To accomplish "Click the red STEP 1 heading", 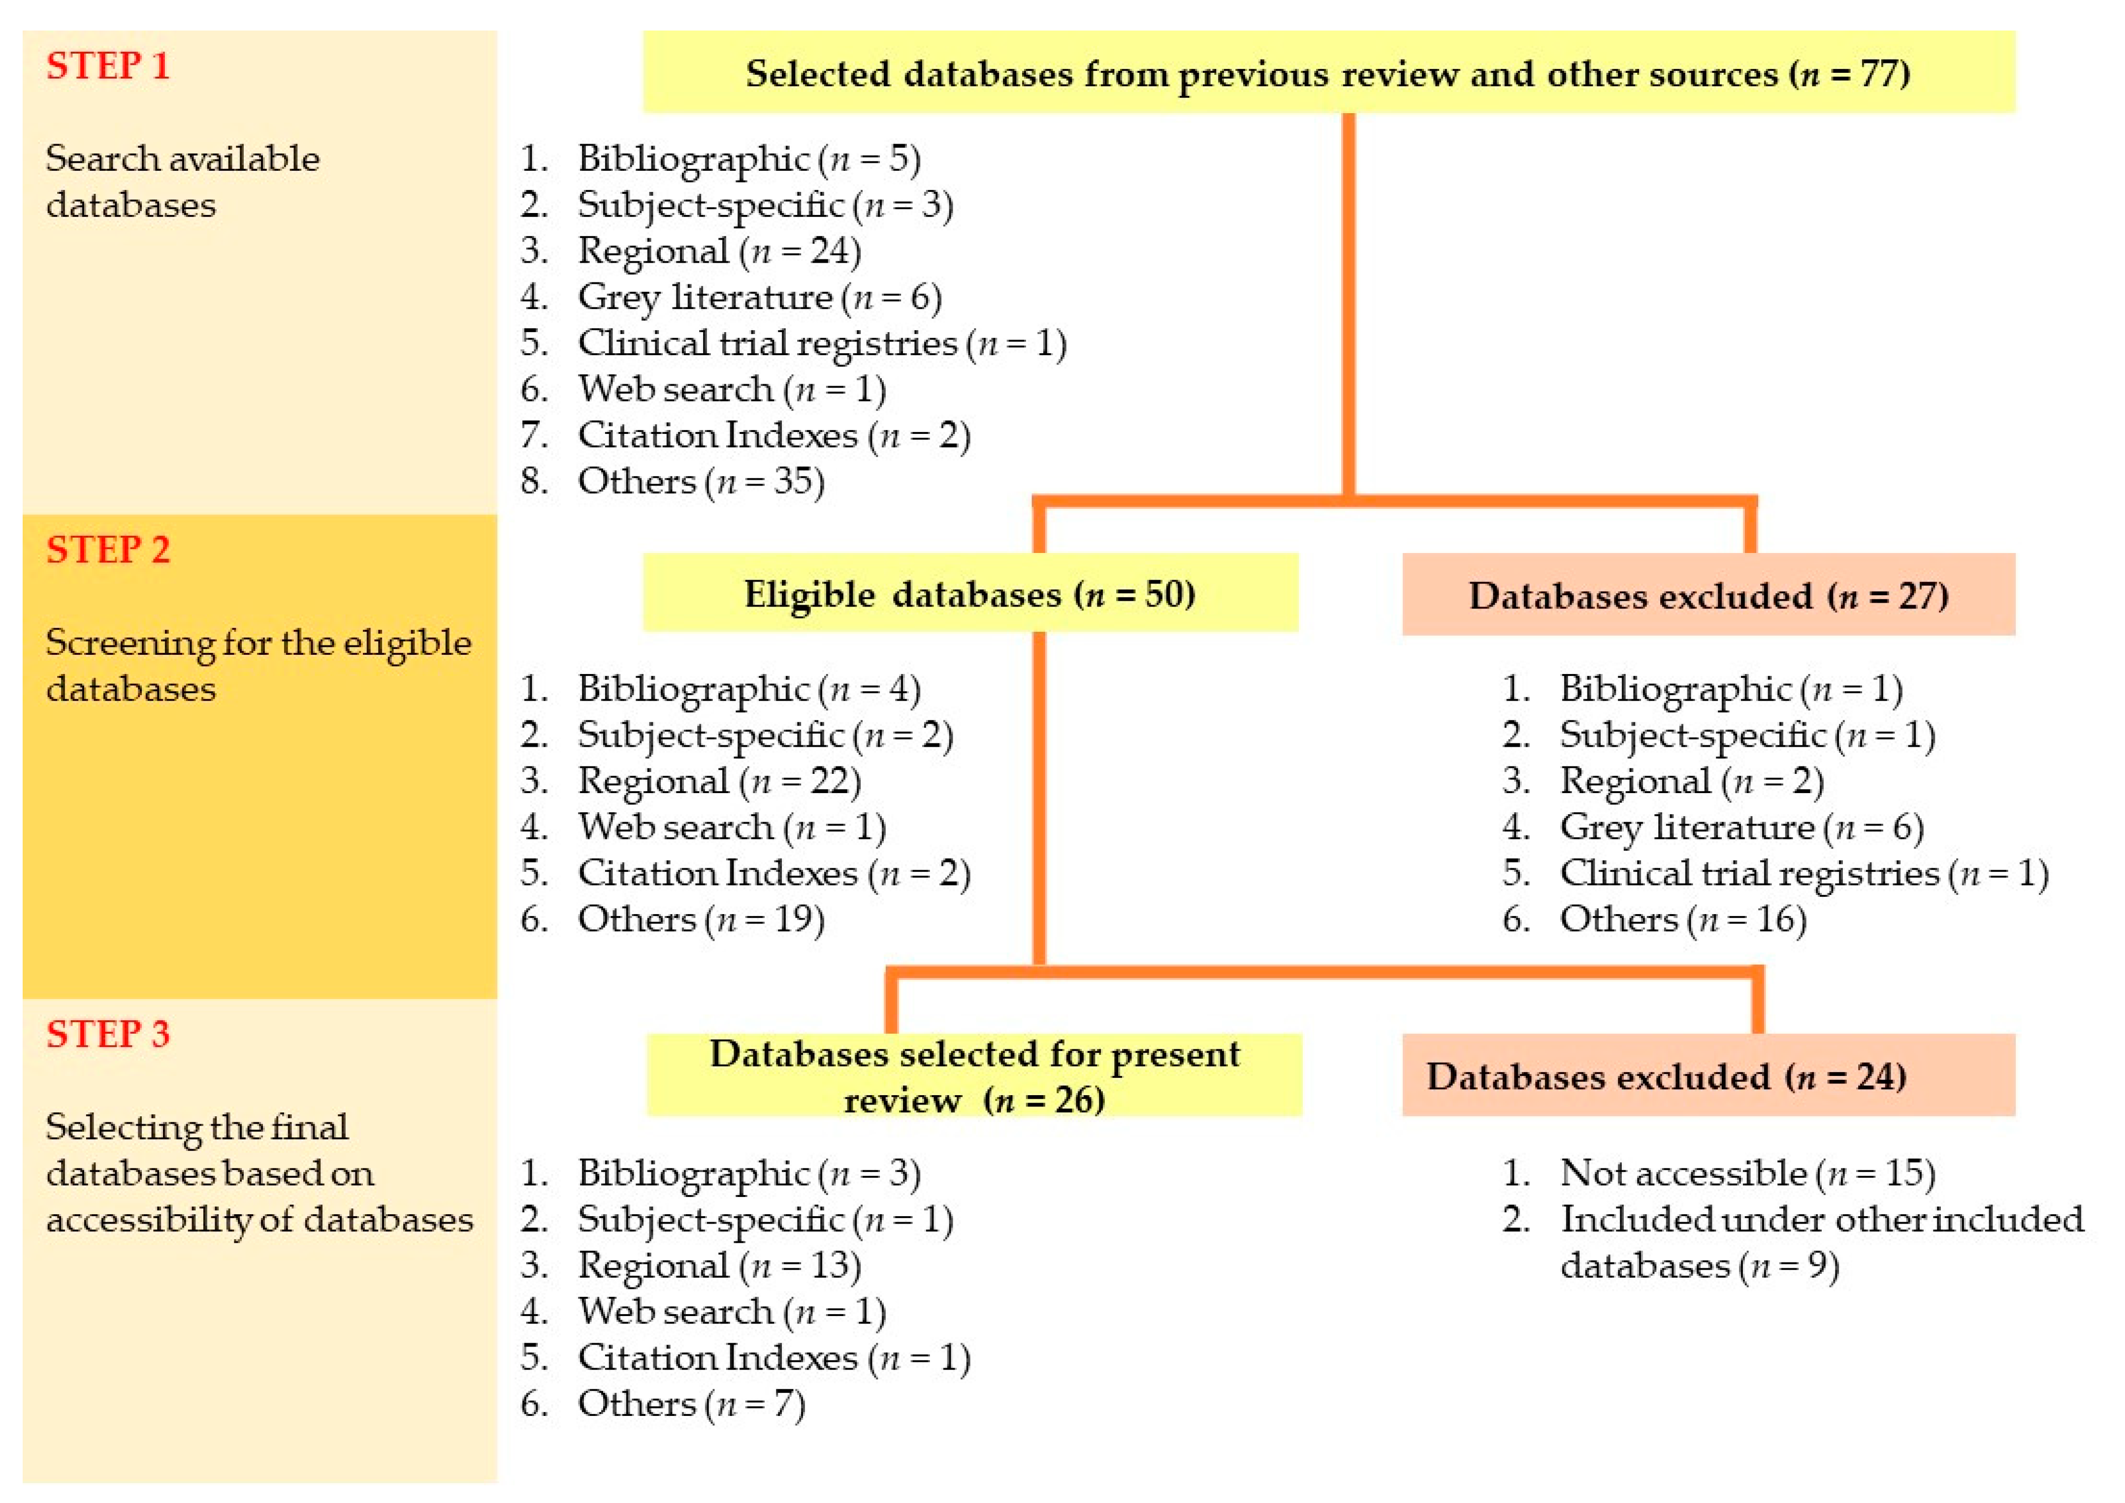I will (x=108, y=66).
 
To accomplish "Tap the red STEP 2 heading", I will (x=108, y=550).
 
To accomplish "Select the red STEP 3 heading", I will (x=108, y=1034).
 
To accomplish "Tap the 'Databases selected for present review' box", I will (x=974, y=1075).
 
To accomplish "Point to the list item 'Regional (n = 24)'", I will (x=718, y=251).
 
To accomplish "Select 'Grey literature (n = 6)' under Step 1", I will (x=759, y=297).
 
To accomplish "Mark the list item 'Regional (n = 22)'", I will (x=718, y=781).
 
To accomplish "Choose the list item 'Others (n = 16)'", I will (x=1682, y=919).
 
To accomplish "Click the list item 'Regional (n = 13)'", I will (x=718, y=1265).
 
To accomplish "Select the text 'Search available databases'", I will (x=182, y=182).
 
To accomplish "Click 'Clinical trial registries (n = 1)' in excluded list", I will (x=1803, y=873).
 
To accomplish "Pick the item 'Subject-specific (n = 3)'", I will (x=765, y=205).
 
